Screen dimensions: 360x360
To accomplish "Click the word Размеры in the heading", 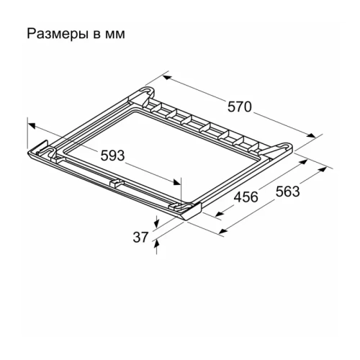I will (53, 34).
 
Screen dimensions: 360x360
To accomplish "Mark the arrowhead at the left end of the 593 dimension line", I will (30, 123).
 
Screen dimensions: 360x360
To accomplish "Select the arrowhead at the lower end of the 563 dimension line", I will (221, 232).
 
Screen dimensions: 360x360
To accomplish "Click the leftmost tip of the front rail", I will (30, 152).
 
